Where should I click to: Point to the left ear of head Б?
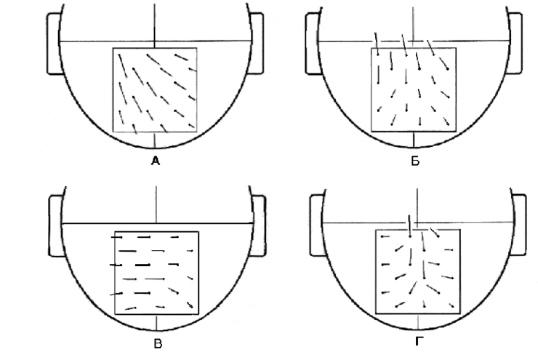313,44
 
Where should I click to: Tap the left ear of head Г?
317,225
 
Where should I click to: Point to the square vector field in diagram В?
157,272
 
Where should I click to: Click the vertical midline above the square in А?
155,22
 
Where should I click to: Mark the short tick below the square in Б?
414,139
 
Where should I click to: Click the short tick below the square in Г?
417,321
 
